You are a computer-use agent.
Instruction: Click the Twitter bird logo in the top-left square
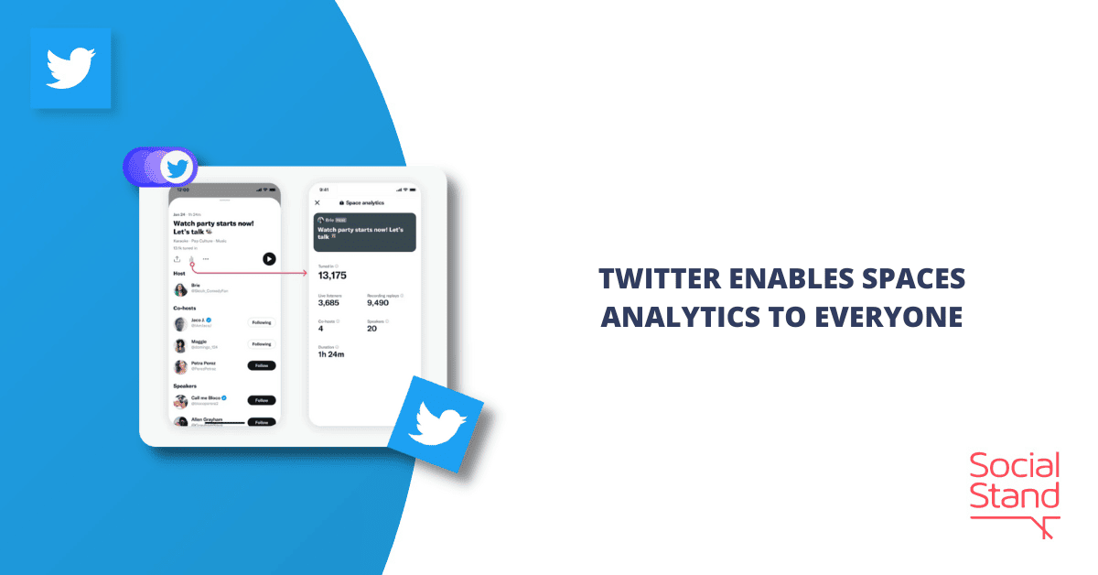[70, 69]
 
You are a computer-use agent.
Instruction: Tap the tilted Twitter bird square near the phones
[436, 424]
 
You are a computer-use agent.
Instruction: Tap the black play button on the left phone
[269, 259]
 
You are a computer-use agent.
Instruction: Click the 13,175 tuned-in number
[332, 275]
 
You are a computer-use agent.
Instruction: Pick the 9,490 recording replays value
[378, 302]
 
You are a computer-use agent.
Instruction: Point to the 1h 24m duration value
[331, 354]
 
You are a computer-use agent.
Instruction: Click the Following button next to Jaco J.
[262, 322]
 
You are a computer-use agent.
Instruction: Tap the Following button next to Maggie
[262, 344]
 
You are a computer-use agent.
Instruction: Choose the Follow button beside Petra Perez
[262, 365]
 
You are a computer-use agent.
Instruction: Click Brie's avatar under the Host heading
[181, 289]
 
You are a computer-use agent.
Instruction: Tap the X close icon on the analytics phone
[318, 202]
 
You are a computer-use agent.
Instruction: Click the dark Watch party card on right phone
[364, 232]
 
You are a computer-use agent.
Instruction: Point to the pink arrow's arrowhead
[305, 272]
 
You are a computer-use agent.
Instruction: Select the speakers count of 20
[371, 328]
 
